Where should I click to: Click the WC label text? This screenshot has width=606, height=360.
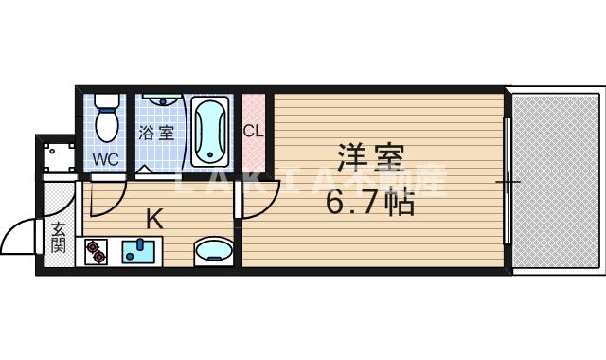pos(105,159)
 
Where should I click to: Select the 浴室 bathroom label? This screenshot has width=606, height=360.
pos(156,133)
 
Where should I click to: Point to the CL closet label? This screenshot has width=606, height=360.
pos(253,132)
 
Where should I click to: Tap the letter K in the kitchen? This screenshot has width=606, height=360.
pos(153,220)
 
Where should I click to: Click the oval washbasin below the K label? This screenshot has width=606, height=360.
pos(214,252)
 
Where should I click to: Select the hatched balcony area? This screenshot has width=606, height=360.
pos(555,180)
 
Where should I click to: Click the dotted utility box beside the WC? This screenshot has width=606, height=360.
pos(56,158)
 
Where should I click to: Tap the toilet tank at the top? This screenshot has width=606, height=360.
pos(107,99)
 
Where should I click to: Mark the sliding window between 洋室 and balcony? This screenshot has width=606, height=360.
pos(507,180)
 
